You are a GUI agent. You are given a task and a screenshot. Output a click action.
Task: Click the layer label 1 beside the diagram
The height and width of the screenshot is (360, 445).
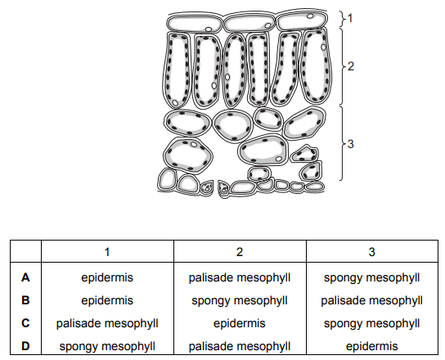click(x=350, y=18)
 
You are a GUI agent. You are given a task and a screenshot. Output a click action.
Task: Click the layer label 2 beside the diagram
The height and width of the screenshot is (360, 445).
click(x=351, y=66)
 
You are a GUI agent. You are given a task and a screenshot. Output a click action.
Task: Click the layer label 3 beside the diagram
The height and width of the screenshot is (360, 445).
click(x=351, y=144)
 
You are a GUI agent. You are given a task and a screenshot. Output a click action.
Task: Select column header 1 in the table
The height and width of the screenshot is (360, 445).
click(x=107, y=252)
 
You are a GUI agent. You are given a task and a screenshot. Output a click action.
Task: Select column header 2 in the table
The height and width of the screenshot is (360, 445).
click(x=240, y=252)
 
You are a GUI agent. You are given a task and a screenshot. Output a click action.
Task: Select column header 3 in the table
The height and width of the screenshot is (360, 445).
click(x=371, y=252)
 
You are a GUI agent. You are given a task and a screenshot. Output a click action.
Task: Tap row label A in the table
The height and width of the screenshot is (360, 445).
click(x=25, y=277)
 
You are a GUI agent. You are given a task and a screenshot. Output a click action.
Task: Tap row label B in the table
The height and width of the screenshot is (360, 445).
click(x=25, y=300)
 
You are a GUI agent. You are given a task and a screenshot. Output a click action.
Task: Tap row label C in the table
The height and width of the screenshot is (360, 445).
click(x=25, y=323)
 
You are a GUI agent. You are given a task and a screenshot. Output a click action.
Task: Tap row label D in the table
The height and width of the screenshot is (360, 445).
click(x=25, y=346)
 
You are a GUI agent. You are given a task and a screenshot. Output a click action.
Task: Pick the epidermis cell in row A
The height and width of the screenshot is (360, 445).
click(x=107, y=277)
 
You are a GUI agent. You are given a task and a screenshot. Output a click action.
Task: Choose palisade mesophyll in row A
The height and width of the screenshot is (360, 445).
click(x=240, y=277)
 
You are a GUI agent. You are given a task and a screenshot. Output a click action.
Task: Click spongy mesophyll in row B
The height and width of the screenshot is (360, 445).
click(x=240, y=300)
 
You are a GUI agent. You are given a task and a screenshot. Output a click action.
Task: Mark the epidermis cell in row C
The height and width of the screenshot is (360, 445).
click(x=240, y=323)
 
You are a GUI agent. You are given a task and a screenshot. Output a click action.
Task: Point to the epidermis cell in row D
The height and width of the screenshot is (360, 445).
click(x=371, y=346)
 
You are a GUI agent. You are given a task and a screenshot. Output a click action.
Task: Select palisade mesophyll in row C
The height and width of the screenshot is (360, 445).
click(x=107, y=323)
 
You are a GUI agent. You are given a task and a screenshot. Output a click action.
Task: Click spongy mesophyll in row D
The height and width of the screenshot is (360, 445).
click(x=107, y=346)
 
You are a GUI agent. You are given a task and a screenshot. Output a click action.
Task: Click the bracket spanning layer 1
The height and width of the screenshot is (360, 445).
click(x=343, y=19)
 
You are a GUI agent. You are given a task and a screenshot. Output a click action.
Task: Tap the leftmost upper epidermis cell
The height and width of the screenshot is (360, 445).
click(x=194, y=23)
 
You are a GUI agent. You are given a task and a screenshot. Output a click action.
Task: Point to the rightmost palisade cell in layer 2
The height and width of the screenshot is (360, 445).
click(x=316, y=66)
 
